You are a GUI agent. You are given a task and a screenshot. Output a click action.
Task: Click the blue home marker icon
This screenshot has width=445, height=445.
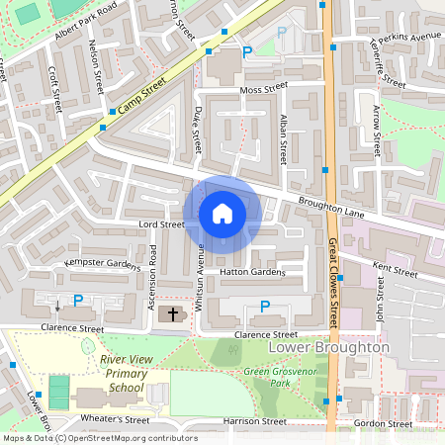click(222, 214)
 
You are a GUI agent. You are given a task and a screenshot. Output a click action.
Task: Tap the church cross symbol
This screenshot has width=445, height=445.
click(173, 313)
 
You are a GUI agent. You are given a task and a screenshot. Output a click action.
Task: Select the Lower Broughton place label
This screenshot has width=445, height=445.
click(336, 348)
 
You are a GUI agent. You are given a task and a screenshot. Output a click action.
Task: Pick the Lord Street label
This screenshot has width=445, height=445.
click(161, 224)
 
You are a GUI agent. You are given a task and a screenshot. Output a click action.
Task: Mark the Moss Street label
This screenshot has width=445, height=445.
click(263, 88)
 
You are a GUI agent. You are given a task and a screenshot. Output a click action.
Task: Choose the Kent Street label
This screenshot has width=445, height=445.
click(395, 268)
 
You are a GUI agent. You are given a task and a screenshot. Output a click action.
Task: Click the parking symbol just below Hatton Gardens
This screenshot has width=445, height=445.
click(263, 308)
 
